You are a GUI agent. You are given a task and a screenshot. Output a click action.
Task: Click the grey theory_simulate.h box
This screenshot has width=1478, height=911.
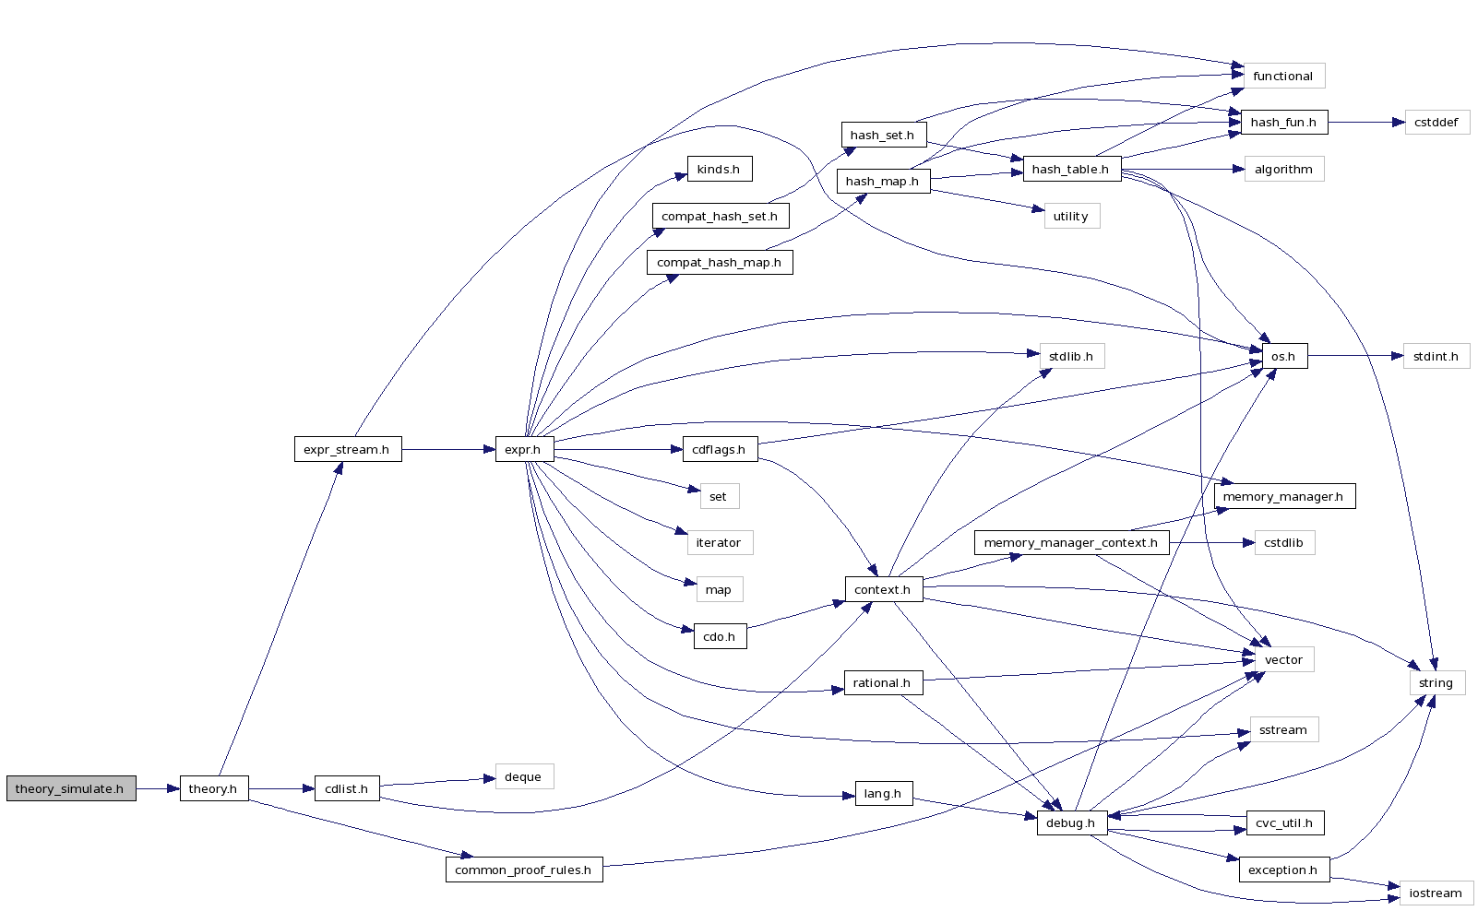(71, 788)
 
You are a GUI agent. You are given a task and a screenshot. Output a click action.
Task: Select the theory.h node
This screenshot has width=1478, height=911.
(213, 788)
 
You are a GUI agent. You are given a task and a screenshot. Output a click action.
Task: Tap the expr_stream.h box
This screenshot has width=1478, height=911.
(347, 449)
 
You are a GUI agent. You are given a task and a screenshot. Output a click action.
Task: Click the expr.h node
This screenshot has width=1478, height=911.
(523, 449)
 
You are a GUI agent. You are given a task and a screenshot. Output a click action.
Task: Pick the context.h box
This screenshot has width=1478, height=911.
(883, 589)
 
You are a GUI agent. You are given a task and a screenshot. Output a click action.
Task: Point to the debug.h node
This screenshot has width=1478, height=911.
(1071, 822)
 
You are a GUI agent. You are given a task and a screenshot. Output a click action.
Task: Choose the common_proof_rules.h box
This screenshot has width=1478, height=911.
(523, 870)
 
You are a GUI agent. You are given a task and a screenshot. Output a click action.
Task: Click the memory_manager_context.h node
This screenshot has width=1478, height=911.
(1071, 542)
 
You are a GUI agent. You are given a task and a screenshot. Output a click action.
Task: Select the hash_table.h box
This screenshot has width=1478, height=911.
(1071, 169)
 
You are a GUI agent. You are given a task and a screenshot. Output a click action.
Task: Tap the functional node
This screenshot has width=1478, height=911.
(1282, 76)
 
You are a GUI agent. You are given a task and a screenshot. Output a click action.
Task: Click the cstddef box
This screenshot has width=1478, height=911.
(1436, 122)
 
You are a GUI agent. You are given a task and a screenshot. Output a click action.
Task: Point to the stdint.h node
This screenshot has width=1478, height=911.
(1436, 356)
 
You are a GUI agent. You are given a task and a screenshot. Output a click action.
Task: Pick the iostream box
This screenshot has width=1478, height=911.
(1436, 893)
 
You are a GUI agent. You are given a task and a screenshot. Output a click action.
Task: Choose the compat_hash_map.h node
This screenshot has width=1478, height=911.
(719, 262)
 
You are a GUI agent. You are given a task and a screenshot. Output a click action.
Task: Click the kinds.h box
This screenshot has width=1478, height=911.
(719, 169)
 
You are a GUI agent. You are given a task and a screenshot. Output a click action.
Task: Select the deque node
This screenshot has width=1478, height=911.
(523, 776)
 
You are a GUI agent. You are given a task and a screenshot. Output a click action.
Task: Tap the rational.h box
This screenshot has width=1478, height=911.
(883, 682)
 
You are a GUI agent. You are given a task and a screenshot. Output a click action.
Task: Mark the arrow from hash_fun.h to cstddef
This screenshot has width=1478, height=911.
(1366, 122)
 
